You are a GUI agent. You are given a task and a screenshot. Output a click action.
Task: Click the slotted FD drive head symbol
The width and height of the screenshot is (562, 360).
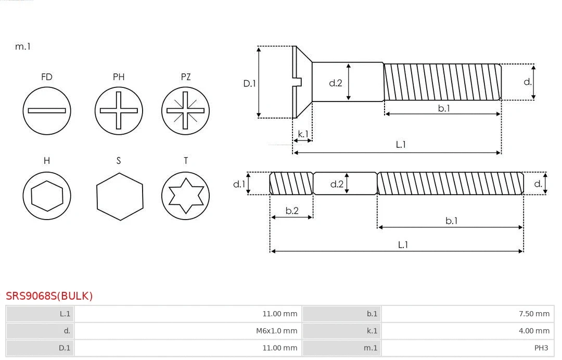[x=47, y=110]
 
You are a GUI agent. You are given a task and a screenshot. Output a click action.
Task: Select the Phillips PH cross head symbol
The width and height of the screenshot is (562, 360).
[x=119, y=110]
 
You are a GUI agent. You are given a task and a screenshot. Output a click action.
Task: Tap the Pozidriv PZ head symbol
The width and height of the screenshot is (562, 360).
[x=185, y=110]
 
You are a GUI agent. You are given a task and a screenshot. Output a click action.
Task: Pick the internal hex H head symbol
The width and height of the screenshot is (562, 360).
[x=47, y=196]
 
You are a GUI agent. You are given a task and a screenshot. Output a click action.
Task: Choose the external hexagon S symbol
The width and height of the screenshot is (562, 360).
[x=119, y=196]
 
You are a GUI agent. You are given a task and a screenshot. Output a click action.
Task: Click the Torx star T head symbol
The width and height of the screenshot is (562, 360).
[x=185, y=196]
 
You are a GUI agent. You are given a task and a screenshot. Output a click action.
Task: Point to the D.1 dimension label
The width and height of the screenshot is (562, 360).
[x=250, y=83]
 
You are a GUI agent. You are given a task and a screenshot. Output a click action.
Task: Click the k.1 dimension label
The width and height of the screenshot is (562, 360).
[x=302, y=134]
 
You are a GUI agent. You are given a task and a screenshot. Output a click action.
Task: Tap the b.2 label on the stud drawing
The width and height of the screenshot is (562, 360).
[x=292, y=211]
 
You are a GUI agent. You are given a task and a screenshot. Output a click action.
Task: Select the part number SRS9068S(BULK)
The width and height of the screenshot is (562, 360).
[x=49, y=296]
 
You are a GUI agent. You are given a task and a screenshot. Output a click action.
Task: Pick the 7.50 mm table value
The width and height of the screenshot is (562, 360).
[x=534, y=314]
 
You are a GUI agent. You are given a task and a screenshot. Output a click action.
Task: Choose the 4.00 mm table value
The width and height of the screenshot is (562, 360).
[x=534, y=330]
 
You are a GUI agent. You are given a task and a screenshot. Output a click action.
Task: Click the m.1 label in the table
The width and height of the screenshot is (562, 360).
[x=371, y=348]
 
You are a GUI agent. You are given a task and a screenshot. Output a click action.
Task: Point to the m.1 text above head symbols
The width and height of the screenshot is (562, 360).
[x=23, y=46]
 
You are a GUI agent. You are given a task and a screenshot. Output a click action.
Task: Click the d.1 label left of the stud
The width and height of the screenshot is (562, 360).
[x=238, y=184]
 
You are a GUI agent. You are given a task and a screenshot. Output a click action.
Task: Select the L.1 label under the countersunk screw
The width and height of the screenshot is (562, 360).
[x=401, y=145]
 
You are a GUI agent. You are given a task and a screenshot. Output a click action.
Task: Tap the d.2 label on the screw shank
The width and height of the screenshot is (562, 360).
[x=336, y=83]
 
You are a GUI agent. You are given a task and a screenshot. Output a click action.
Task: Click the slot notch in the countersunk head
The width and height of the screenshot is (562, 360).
[x=298, y=82]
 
